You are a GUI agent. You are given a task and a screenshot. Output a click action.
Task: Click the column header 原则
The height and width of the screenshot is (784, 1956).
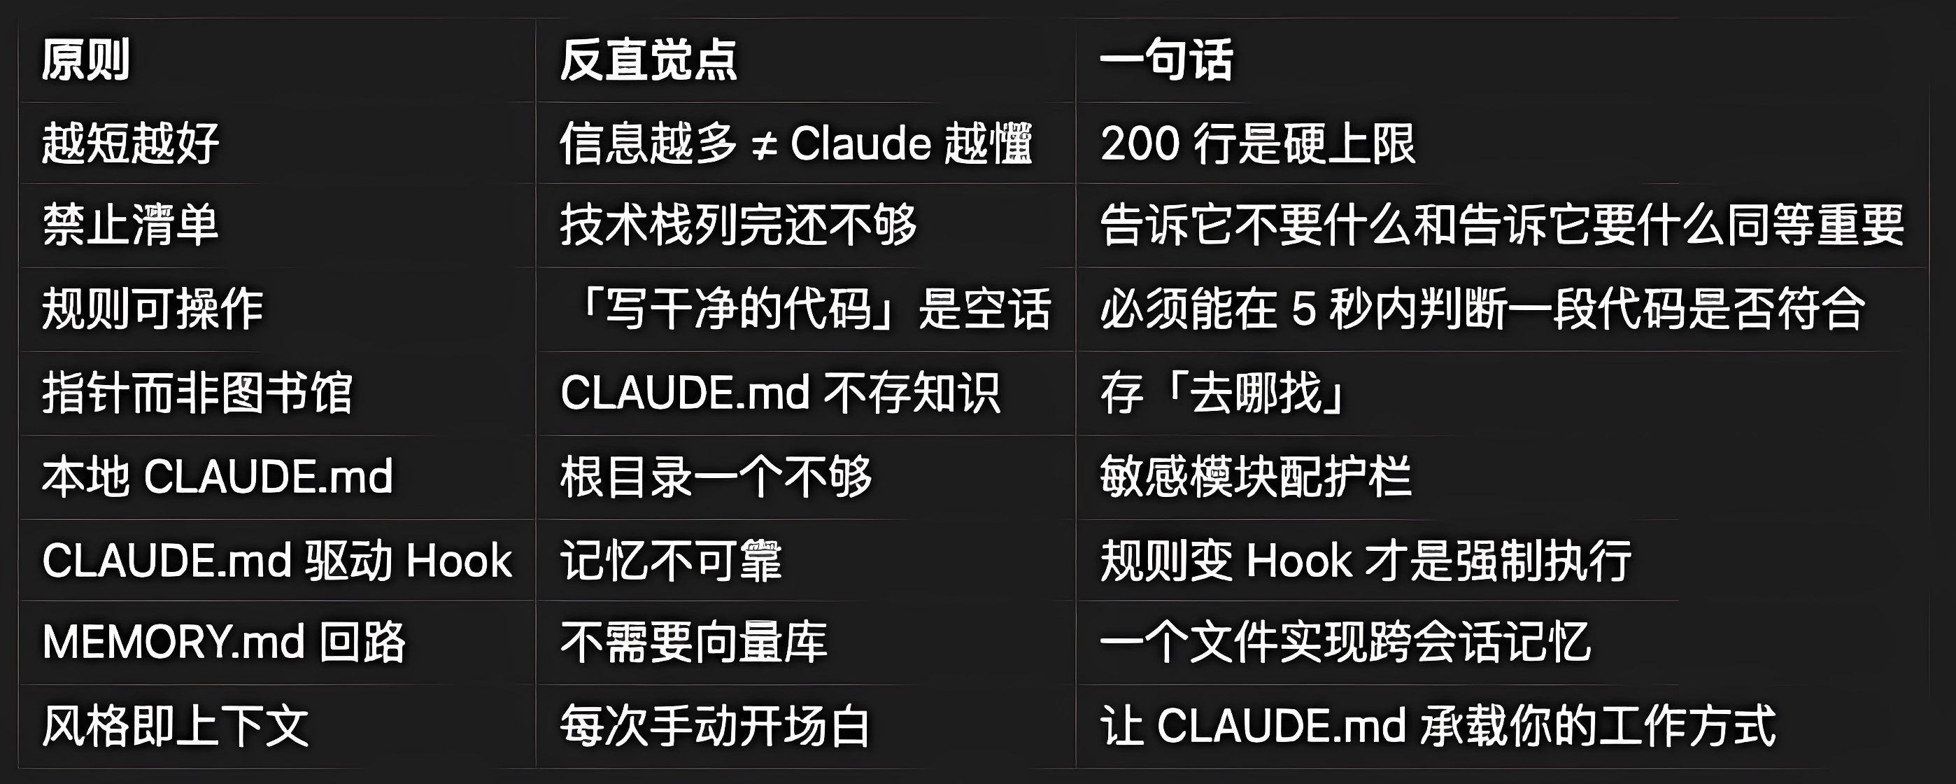(86, 59)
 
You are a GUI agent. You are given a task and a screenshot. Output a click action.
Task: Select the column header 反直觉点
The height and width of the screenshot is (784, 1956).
(649, 59)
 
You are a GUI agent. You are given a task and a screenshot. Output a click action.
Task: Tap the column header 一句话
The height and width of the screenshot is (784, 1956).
(1166, 59)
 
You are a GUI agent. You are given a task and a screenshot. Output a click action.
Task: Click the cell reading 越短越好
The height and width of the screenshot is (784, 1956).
(131, 143)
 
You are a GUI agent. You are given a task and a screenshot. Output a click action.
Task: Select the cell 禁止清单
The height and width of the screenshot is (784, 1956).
(131, 225)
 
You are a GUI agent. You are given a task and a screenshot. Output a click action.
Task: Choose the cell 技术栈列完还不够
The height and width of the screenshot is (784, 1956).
(738, 225)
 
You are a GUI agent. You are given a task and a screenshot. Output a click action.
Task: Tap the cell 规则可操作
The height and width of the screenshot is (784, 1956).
(153, 309)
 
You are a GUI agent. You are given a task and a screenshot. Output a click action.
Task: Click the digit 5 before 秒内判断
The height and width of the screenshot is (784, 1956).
(1303, 309)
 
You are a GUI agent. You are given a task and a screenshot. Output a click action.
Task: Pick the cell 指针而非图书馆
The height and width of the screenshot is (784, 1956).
(197, 393)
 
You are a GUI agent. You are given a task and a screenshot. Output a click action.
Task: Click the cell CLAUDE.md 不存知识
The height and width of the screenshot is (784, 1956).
(780, 393)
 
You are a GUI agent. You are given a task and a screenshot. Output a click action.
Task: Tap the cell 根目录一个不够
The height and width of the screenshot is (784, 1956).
(716, 476)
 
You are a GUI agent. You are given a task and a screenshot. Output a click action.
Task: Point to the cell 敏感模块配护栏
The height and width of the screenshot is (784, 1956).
(1256, 476)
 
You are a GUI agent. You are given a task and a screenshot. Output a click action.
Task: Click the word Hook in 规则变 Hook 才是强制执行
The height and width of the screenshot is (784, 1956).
(1298, 561)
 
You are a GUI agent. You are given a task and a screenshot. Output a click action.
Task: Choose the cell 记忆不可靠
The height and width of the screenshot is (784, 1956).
(670, 561)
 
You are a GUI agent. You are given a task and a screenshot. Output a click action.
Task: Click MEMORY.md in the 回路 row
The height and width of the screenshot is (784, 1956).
(173, 642)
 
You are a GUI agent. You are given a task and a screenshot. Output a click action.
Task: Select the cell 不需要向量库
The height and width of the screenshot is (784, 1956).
(693, 642)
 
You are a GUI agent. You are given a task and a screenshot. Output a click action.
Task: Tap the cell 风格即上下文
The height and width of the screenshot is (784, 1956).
(176, 725)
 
